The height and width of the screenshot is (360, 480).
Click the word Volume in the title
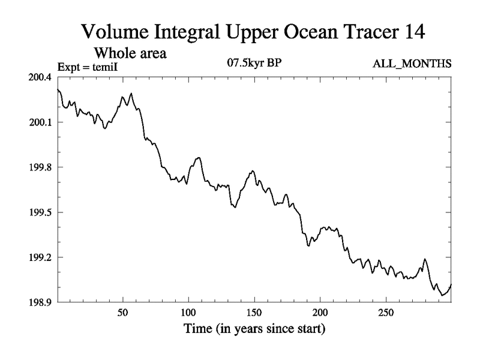[x=112, y=32]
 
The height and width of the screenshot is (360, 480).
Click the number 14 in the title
[x=412, y=32]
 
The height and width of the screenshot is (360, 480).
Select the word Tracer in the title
[x=361, y=32]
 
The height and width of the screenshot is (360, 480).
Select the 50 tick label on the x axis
[x=123, y=314]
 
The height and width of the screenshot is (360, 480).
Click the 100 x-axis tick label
[x=188, y=314]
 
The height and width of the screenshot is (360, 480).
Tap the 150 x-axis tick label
[x=254, y=314]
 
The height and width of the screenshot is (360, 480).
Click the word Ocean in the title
[x=298, y=32]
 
